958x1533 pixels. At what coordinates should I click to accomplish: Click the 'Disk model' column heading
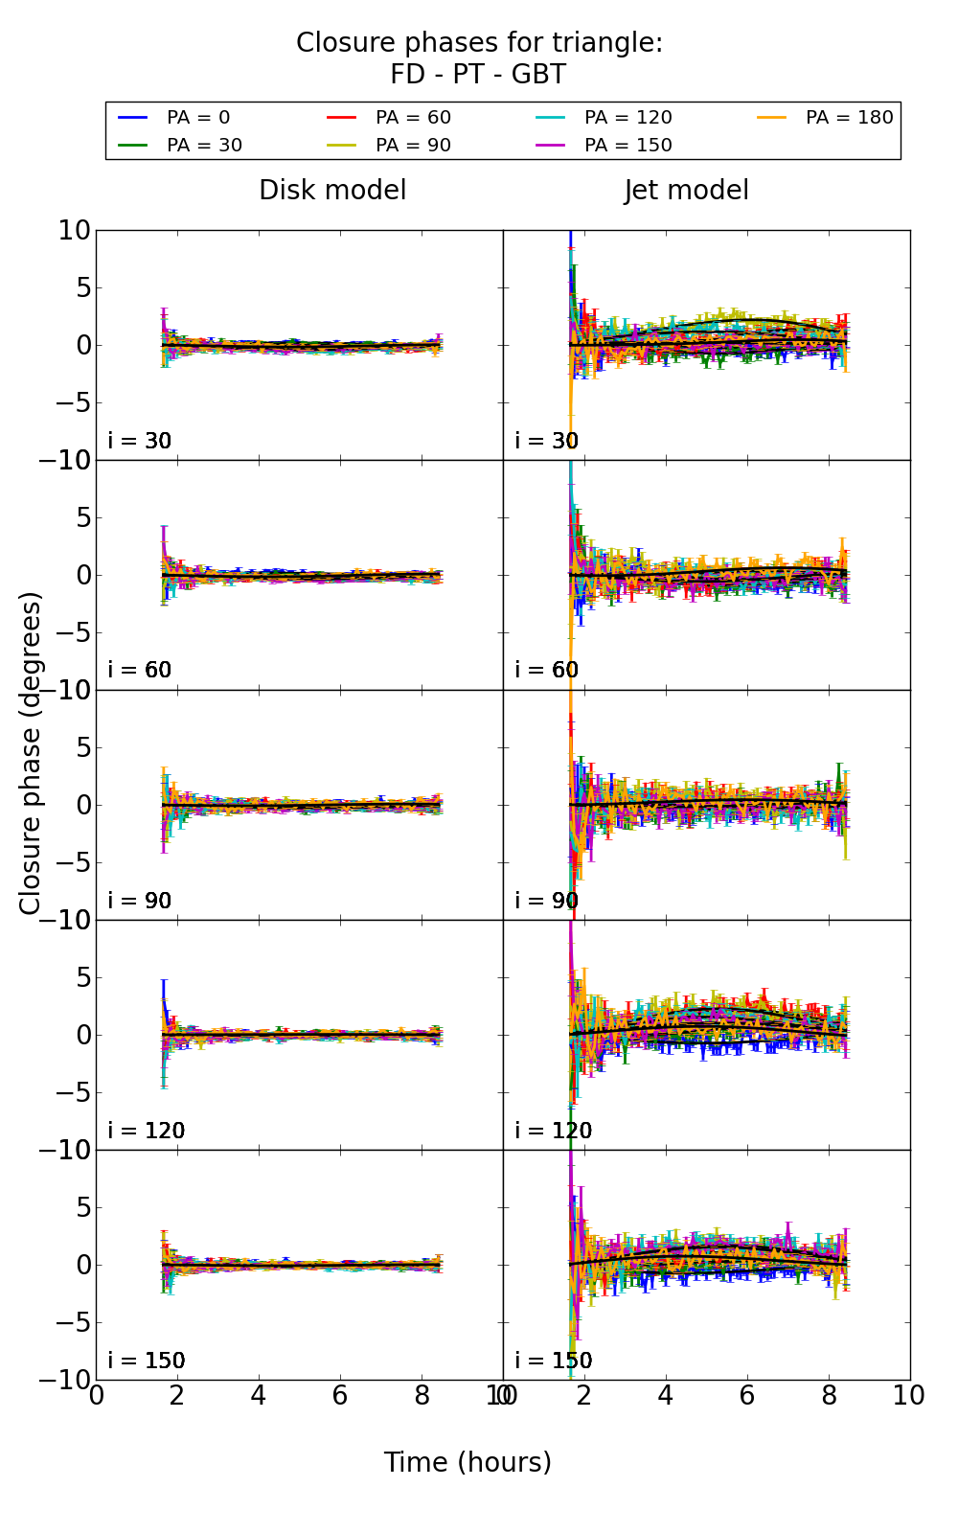point(332,191)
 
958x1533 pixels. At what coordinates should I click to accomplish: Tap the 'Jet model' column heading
point(686,191)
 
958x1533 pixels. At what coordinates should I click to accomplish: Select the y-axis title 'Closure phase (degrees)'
point(31,753)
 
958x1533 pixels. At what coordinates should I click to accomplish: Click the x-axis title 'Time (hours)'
point(468,1462)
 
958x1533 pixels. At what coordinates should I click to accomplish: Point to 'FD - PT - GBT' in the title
point(478,75)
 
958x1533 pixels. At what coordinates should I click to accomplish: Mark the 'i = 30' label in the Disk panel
point(140,441)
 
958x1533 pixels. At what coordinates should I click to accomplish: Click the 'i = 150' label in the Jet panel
point(554,1361)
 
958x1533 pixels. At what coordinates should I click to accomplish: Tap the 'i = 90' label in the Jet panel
point(547,901)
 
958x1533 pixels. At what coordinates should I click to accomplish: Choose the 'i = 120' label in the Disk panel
point(147,1131)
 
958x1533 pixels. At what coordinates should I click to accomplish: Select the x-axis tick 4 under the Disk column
point(259,1396)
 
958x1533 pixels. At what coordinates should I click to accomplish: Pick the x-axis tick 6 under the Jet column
point(747,1396)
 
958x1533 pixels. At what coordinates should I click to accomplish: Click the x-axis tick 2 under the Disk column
point(177,1396)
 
